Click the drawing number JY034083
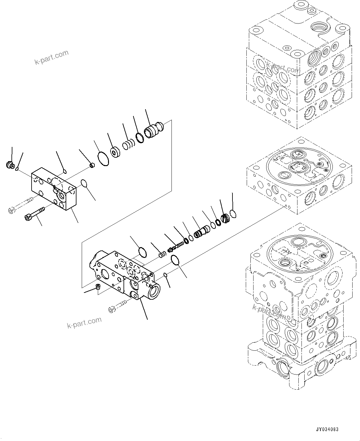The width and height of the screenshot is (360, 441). point(327,429)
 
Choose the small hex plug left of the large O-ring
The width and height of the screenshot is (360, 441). point(91,166)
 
